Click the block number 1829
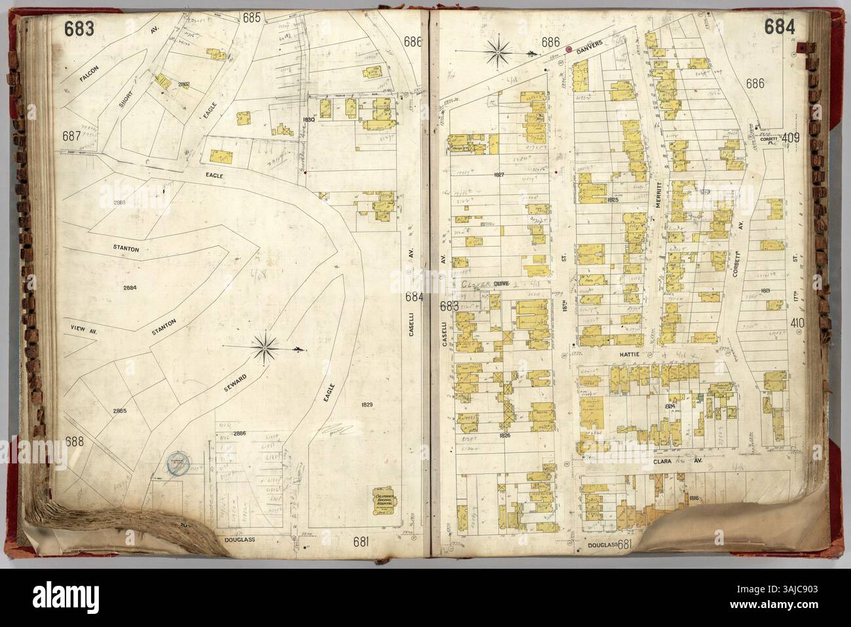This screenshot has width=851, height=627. pos(366,405)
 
